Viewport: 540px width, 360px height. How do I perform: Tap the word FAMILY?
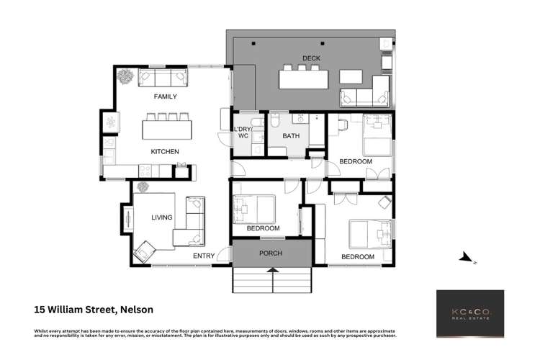[165, 96]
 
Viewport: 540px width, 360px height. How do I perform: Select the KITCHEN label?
[164, 151]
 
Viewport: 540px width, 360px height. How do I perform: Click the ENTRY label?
[204, 256]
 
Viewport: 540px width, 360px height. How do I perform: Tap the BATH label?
[291, 135]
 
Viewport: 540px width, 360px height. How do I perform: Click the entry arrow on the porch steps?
[272, 271]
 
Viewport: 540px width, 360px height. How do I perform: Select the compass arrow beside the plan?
[467, 258]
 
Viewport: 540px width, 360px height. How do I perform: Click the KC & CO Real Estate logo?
[470, 313]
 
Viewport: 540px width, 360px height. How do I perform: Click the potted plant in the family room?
[125, 74]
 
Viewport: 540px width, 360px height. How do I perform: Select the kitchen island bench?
[168, 130]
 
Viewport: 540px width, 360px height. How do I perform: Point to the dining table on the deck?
[303, 78]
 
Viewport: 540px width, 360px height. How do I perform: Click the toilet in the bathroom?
[276, 119]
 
